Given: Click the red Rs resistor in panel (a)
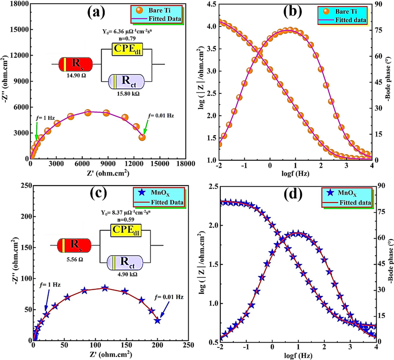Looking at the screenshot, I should tap(75, 65).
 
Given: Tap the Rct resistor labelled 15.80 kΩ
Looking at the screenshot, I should tap(127, 81).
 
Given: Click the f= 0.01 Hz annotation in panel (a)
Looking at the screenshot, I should tap(161, 116).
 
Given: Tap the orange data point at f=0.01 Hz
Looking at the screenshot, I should tap(142, 137).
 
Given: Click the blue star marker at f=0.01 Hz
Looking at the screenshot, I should tap(158, 320).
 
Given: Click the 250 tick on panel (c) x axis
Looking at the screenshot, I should tap(188, 346).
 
